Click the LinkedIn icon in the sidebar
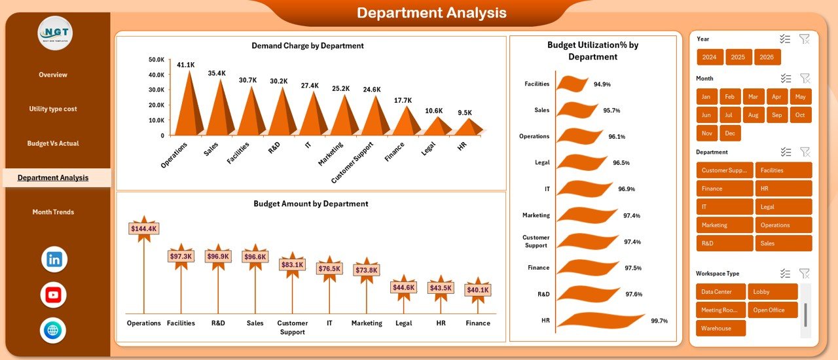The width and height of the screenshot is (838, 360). [x=54, y=259]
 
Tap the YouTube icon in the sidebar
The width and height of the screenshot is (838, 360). [x=54, y=295]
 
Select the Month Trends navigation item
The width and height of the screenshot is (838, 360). [x=53, y=212]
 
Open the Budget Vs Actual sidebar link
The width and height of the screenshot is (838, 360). [x=53, y=143]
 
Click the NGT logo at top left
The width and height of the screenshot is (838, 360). [x=55, y=33]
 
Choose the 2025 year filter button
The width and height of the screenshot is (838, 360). [x=738, y=57]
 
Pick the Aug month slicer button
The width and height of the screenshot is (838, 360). [x=753, y=115]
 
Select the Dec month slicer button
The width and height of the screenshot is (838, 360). [x=729, y=133]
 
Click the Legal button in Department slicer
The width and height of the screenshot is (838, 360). [x=783, y=207]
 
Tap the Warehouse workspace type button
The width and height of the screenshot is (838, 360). [x=720, y=329]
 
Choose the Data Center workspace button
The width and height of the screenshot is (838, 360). [x=720, y=292]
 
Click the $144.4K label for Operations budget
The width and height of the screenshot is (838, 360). [x=143, y=228]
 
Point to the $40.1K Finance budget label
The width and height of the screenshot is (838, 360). [x=477, y=289]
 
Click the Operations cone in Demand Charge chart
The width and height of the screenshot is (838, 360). [x=189, y=105]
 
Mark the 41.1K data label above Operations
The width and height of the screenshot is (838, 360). [x=186, y=65]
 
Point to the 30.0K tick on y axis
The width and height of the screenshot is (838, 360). [x=156, y=90]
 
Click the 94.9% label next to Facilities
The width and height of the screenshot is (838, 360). [x=602, y=84]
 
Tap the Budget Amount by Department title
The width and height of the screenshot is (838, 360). [x=310, y=204]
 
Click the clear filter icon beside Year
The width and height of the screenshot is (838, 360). [x=805, y=39]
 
